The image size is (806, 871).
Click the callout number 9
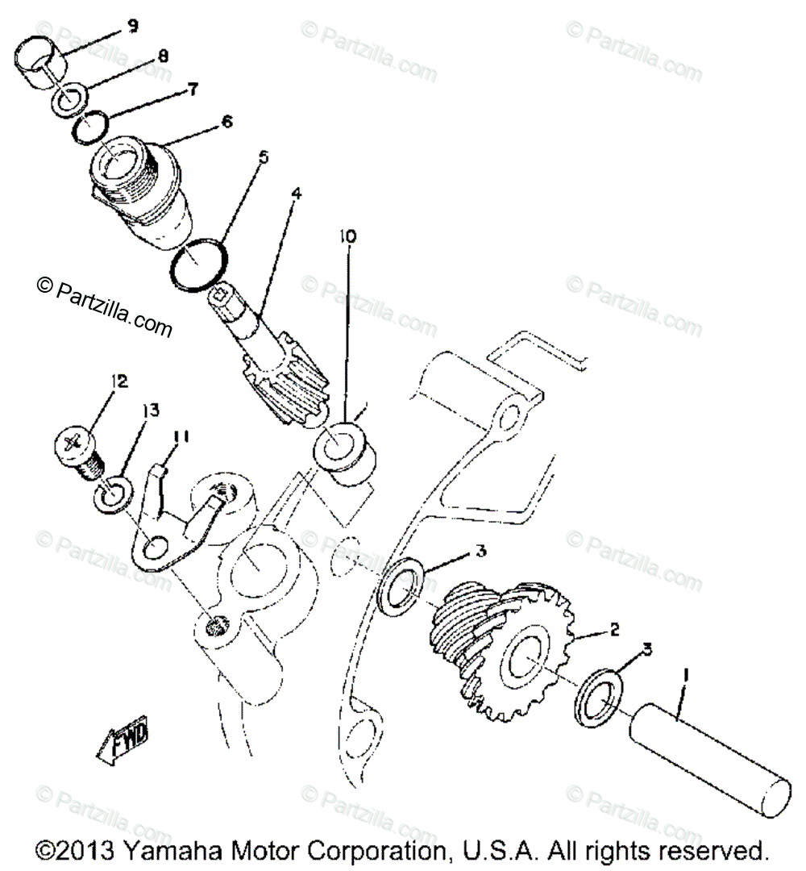pyautogui.click(x=131, y=26)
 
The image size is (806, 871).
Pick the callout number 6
pyautogui.click(x=225, y=122)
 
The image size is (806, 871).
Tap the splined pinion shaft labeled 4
pyautogui.click(x=274, y=355)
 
